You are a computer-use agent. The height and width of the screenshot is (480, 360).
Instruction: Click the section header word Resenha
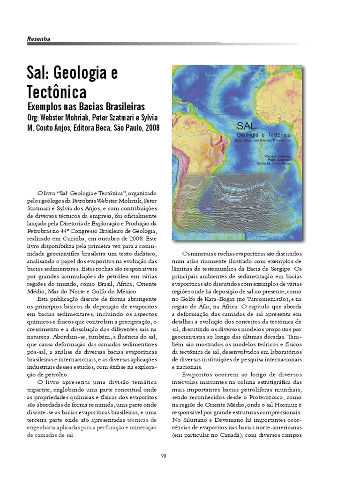38,39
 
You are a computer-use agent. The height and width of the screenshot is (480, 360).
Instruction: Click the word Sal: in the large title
38,73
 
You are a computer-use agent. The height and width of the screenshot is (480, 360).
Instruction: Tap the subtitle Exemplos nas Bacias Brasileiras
86,106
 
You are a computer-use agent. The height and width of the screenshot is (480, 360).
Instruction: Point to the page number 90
164,456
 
